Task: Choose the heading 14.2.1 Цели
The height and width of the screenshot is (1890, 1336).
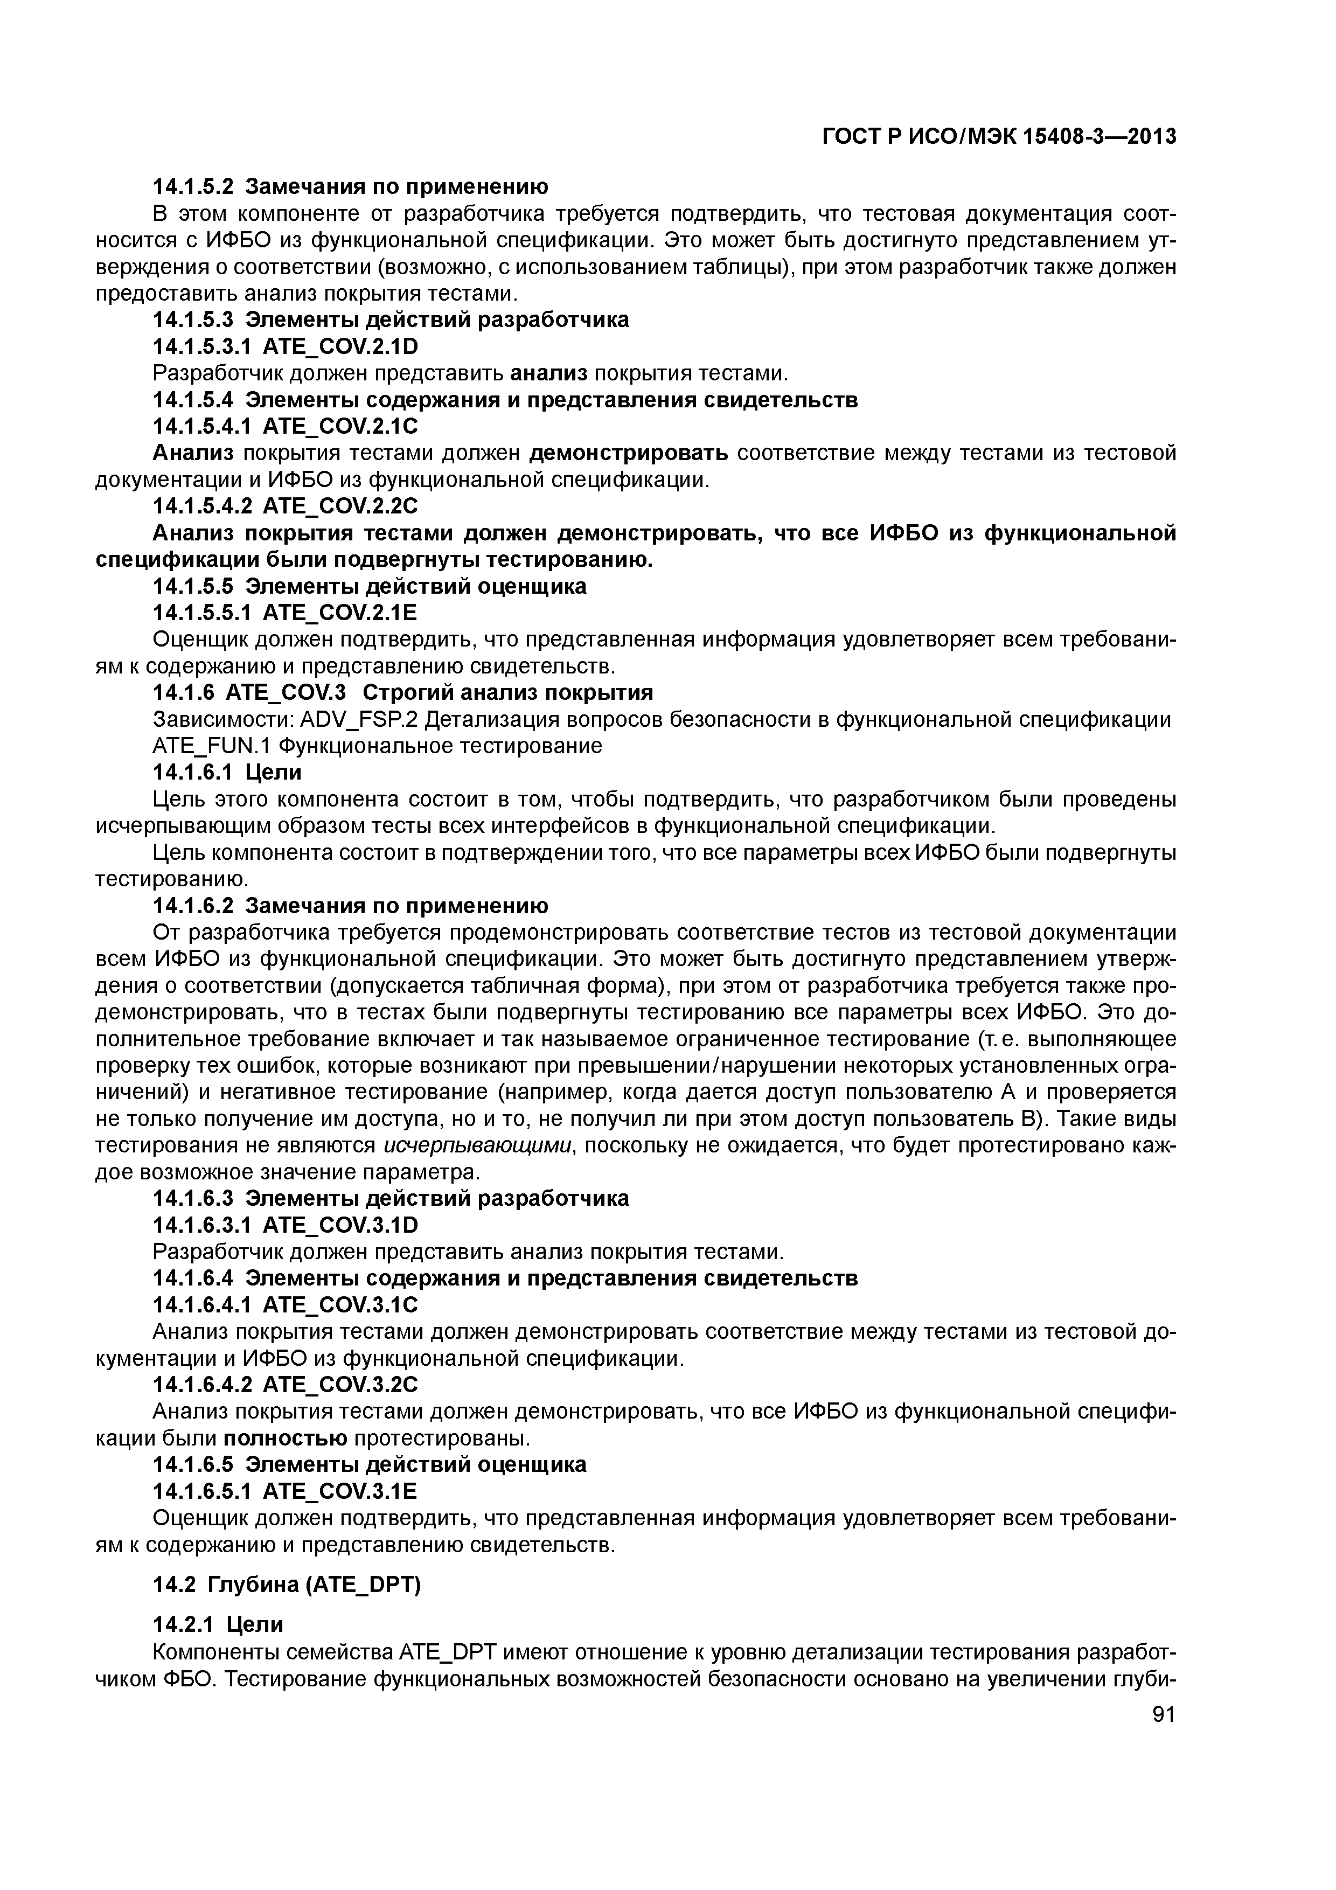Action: [218, 1624]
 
